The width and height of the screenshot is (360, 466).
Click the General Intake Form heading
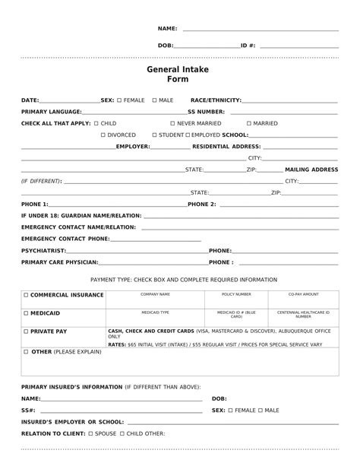tap(177, 74)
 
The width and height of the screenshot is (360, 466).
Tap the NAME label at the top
tap(167, 28)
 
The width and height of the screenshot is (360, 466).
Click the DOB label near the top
tap(165, 46)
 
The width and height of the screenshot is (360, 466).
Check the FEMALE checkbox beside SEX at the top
tap(120, 100)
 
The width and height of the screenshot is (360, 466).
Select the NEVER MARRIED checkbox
tap(172, 123)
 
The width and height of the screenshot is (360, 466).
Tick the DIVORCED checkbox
tap(103, 135)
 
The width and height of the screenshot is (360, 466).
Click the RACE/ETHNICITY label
tap(216, 100)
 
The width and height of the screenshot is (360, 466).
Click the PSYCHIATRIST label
tap(44, 250)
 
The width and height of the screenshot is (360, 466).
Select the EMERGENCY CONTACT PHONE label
tap(65, 239)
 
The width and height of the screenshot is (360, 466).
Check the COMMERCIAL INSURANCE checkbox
tap(26, 294)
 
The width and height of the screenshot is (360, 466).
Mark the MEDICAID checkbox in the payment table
tap(26, 313)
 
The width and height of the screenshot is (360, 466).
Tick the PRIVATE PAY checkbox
tap(26, 331)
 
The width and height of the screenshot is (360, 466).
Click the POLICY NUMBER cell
tap(236, 294)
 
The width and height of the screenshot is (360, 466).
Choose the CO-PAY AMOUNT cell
tap(303, 294)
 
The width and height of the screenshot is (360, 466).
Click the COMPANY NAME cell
tap(155, 294)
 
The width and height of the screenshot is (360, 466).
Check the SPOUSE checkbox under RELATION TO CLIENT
tap(90, 433)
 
